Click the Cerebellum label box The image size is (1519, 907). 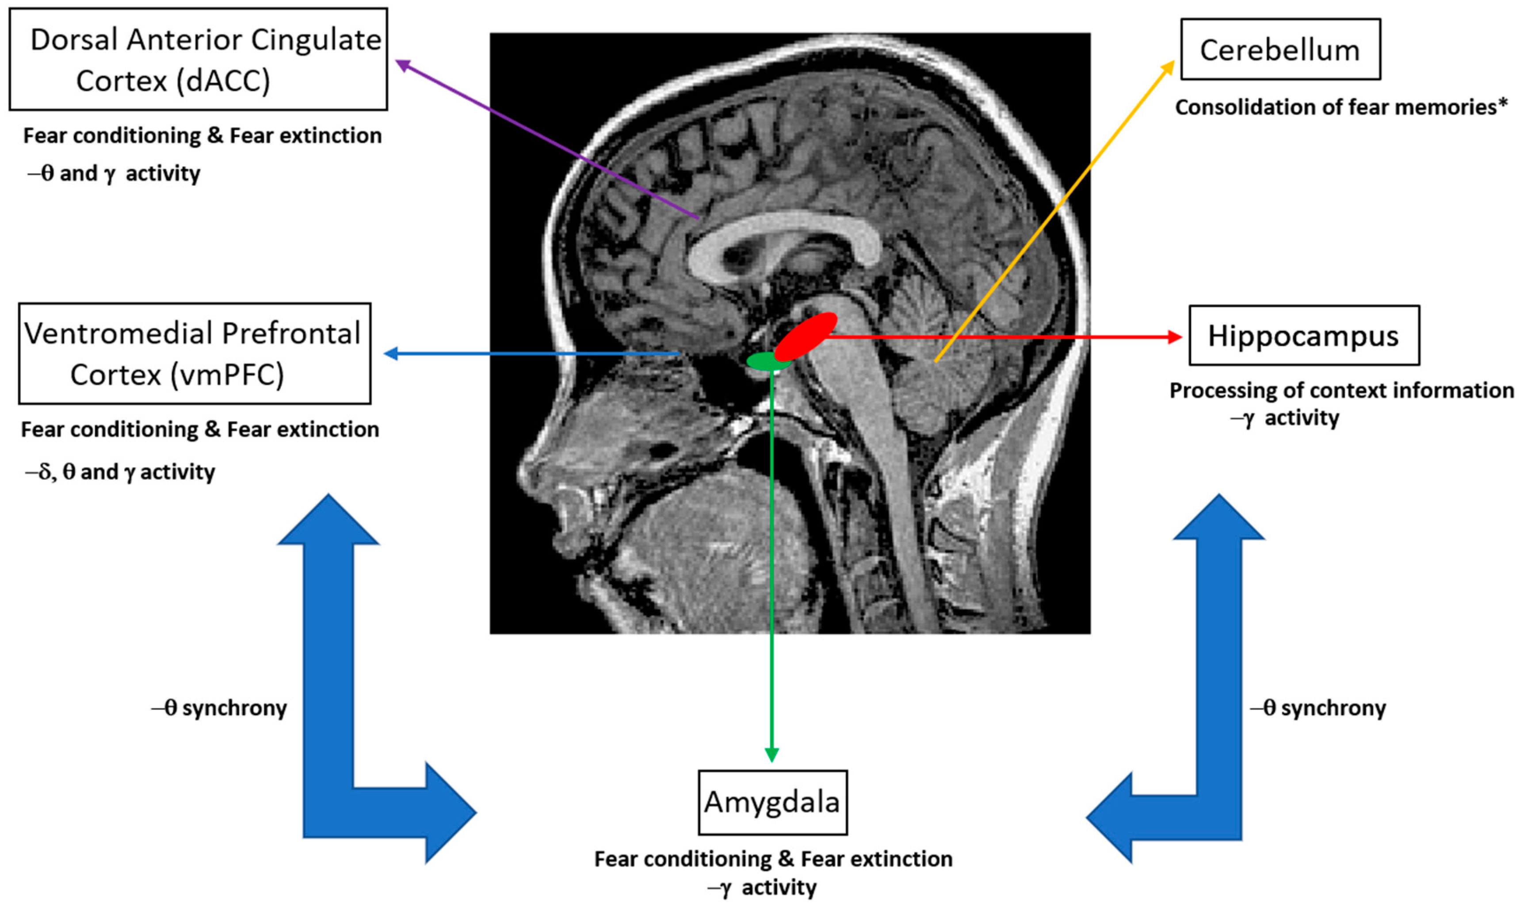point(1280,50)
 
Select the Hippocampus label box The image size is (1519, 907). point(1304,336)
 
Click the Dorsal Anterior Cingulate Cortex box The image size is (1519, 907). point(198,59)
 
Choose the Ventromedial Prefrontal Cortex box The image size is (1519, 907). point(195,354)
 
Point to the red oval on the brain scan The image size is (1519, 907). point(805,337)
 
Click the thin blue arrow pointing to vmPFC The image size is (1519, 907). point(531,353)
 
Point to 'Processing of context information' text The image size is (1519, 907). point(1341,390)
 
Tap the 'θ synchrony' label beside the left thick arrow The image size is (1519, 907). point(220,708)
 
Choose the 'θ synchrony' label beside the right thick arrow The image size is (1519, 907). point(1319,708)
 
